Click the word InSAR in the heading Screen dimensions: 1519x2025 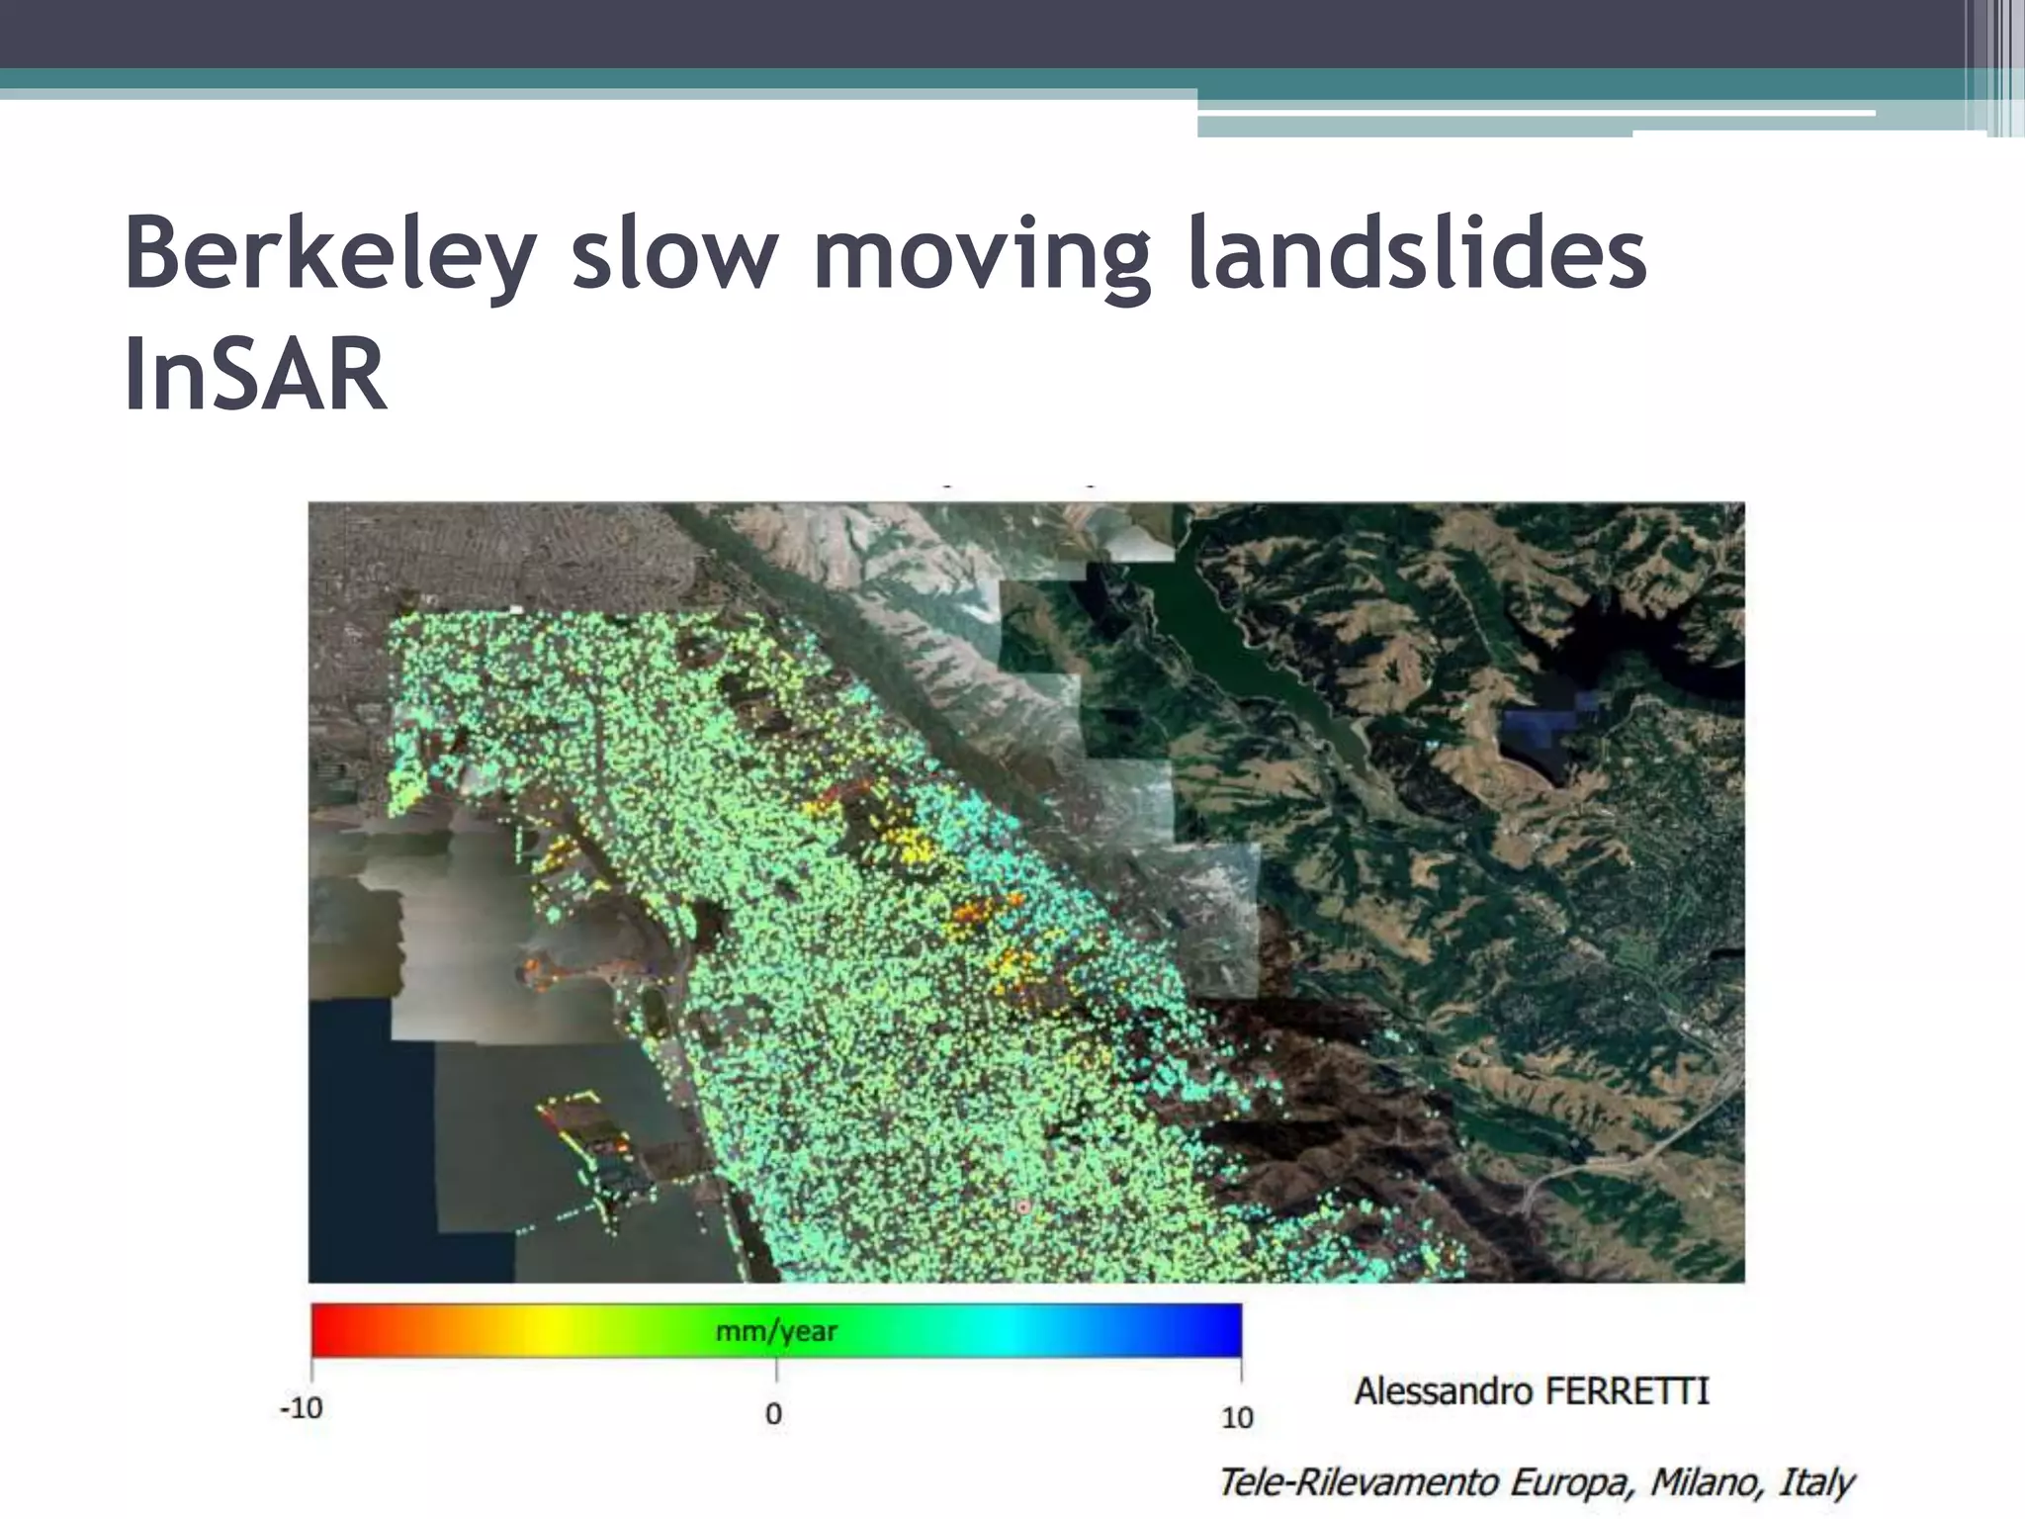255,374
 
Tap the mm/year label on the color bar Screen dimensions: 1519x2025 776,1331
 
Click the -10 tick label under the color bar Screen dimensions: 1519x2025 301,1407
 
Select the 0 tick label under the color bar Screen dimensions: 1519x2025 774,1413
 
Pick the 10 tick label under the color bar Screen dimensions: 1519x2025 1237,1417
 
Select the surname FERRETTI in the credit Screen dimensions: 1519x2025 1628,1391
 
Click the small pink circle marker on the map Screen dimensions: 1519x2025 1023,1206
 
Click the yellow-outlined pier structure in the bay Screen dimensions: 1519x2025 583,1127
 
